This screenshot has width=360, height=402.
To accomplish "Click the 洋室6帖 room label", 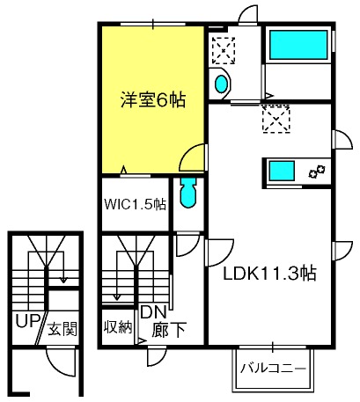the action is tap(153, 99).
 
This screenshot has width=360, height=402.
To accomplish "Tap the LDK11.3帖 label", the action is tap(269, 274).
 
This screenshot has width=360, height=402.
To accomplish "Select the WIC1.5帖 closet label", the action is tap(136, 204).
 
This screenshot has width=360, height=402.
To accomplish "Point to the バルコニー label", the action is tap(273, 368).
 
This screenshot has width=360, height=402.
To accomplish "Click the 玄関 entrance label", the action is tap(62, 329).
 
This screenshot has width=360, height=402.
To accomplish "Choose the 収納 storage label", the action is tap(118, 327).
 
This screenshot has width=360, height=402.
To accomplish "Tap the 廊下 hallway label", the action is tap(169, 330).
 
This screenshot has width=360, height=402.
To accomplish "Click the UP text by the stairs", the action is tap(27, 321).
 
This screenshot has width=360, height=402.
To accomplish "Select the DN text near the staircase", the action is tap(153, 312).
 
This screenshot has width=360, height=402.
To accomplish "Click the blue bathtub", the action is tap(298, 45).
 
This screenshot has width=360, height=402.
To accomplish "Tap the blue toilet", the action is tap(188, 193).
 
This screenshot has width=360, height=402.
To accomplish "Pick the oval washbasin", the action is tap(221, 84).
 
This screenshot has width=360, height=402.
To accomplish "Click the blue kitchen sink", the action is tap(282, 171).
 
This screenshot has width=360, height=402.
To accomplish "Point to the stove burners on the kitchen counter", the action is tap(317, 172).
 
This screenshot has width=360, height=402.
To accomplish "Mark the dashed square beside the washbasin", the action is tap(224, 50).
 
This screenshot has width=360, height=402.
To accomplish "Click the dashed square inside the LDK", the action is tap(276, 120).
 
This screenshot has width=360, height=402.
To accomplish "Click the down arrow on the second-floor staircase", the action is tap(117, 276).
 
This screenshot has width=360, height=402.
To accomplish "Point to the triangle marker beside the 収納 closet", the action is tap(143, 341).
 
